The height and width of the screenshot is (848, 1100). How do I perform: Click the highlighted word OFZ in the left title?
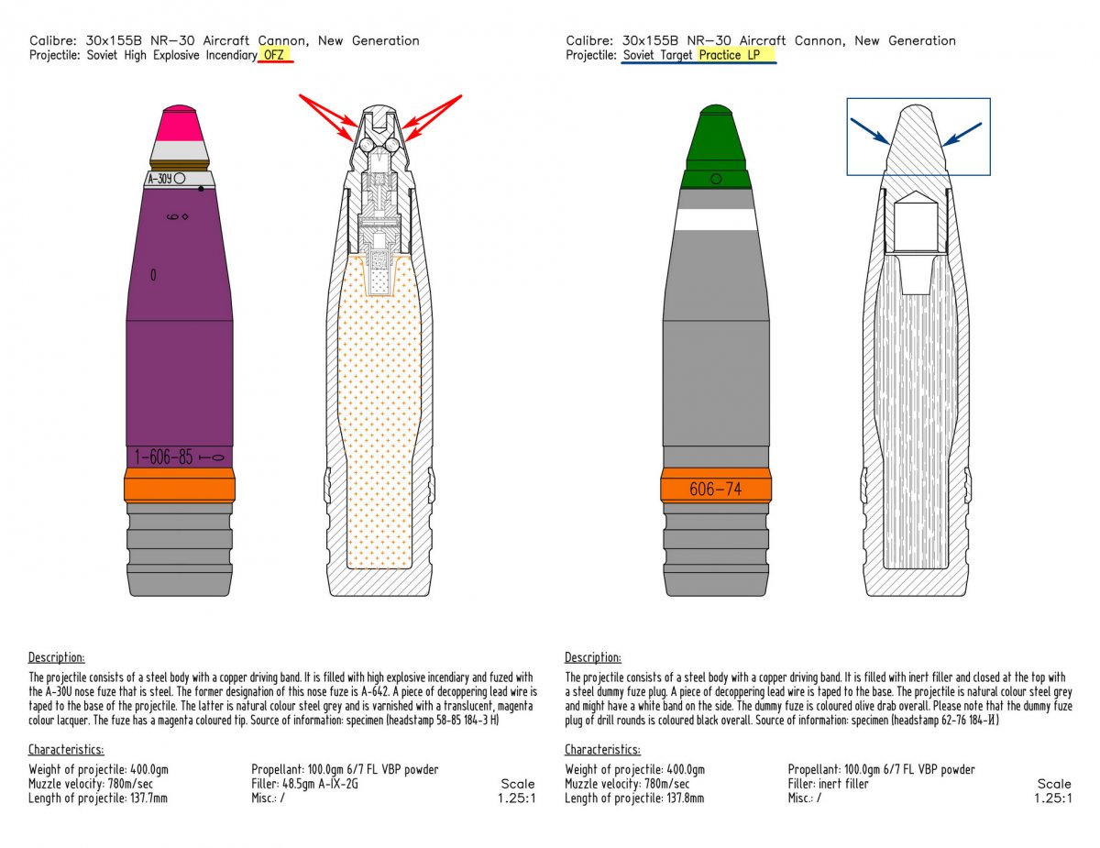coord(274,55)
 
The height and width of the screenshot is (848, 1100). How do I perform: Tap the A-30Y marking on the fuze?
coord(160,179)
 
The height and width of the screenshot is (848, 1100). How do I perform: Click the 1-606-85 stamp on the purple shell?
coord(163,457)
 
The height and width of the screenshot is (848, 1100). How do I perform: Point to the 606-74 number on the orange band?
coord(715,489)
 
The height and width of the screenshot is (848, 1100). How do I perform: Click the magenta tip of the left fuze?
coord(178,123)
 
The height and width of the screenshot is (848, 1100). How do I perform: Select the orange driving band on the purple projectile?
coord(180,485)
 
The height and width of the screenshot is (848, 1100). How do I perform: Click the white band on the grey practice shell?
coord(716,219)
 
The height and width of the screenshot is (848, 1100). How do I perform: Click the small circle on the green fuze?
coord(716,179)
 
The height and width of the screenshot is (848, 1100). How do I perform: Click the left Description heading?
coord(57,657)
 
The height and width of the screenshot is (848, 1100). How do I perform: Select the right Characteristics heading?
coord(602,749)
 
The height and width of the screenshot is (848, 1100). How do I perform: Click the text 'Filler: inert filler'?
coord(828,784)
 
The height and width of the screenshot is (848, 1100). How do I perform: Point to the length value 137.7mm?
coord(148,798)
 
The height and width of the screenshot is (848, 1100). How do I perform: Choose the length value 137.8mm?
coord(686,798)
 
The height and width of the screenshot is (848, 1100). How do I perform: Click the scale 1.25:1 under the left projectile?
coord(516,798)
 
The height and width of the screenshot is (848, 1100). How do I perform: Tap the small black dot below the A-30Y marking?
coord(201,189)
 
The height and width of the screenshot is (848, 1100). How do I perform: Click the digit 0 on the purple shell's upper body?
coord(153,275)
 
